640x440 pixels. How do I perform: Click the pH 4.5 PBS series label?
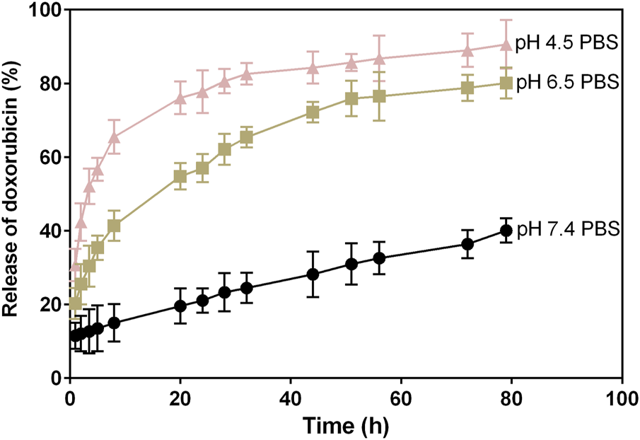coord(568,44)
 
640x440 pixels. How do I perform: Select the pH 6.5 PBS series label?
coord(568,83)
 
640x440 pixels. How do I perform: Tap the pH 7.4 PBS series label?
coord(568,229)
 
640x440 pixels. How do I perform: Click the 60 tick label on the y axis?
coord(51,158)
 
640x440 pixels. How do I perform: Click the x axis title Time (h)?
coord(346,425)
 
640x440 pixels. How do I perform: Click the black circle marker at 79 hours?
coord(506,231)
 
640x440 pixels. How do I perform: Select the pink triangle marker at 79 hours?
coord(506,45)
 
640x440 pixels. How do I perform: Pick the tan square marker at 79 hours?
coord(506,83)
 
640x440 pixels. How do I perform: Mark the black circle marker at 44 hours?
coord(313,274)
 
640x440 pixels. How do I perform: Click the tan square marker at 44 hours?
coord(313,112)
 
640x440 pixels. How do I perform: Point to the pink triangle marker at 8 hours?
coord(114,137)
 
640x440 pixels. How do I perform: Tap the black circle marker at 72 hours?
coord(467,244)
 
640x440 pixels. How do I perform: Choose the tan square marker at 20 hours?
coord(180,176)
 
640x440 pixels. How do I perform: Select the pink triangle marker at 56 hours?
coord(379,59)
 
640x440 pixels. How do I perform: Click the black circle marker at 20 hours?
coord(180,306)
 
